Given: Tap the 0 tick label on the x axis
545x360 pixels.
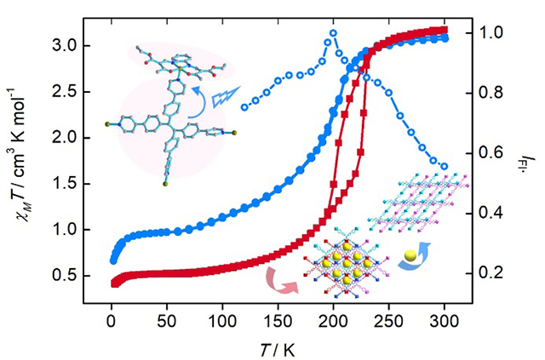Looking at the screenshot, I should coord(112,325).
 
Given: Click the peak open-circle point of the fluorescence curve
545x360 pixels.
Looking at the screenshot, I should coord(333,33).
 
